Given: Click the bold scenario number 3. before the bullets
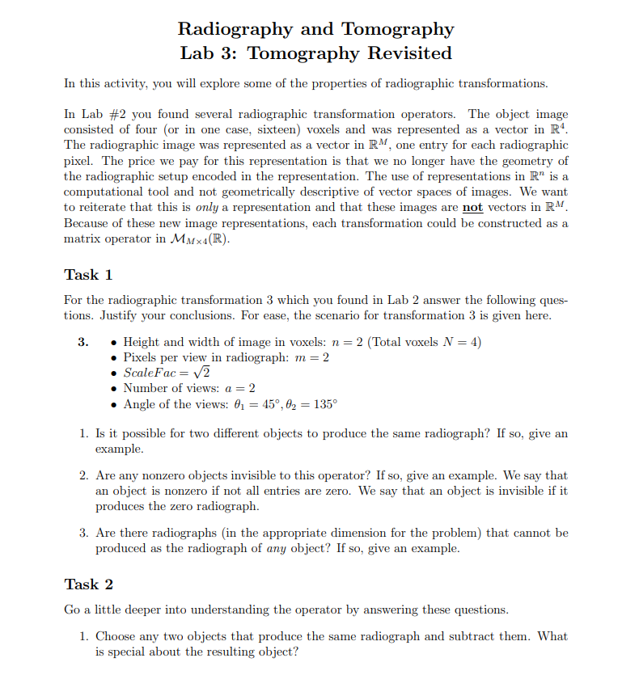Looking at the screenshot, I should click(83, 342).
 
